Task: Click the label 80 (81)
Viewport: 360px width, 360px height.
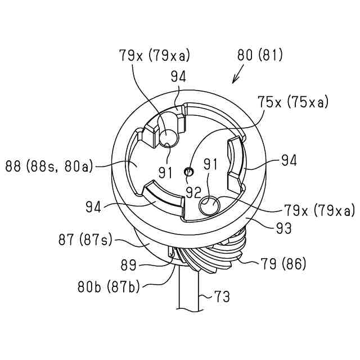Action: [260, 55]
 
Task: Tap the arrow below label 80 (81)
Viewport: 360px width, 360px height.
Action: [238, 74]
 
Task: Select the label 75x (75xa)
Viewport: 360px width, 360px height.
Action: [294, 102]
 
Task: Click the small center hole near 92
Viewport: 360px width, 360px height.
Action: [190, 171]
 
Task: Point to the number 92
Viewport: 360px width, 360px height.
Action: [193, 192]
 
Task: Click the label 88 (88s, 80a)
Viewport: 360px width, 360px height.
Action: [49, 166]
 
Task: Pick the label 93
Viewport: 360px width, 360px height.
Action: [284, 228]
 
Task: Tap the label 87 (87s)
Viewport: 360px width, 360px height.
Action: [85, 240]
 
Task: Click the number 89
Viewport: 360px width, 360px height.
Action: [129, 265]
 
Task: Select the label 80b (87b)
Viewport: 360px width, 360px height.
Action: [109, 287]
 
